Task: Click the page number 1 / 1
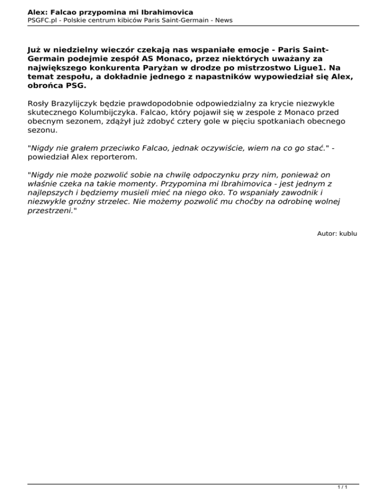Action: (342, 487)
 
